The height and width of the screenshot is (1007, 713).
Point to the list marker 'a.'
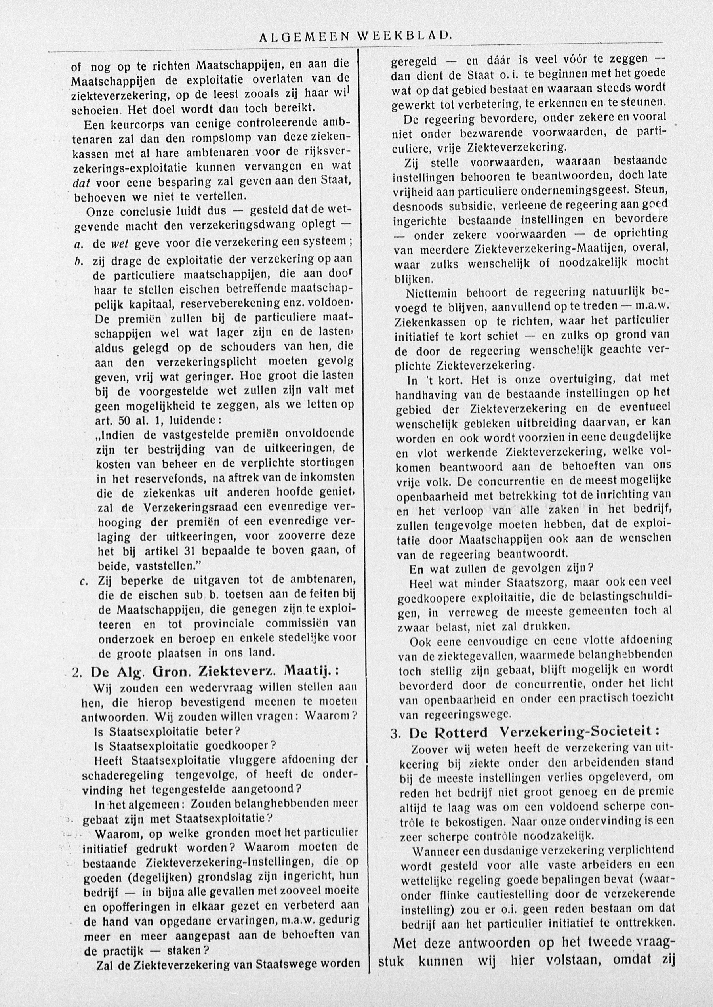click(x=79, y=243)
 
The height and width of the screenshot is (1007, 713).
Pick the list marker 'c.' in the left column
click(x=84, y=582)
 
